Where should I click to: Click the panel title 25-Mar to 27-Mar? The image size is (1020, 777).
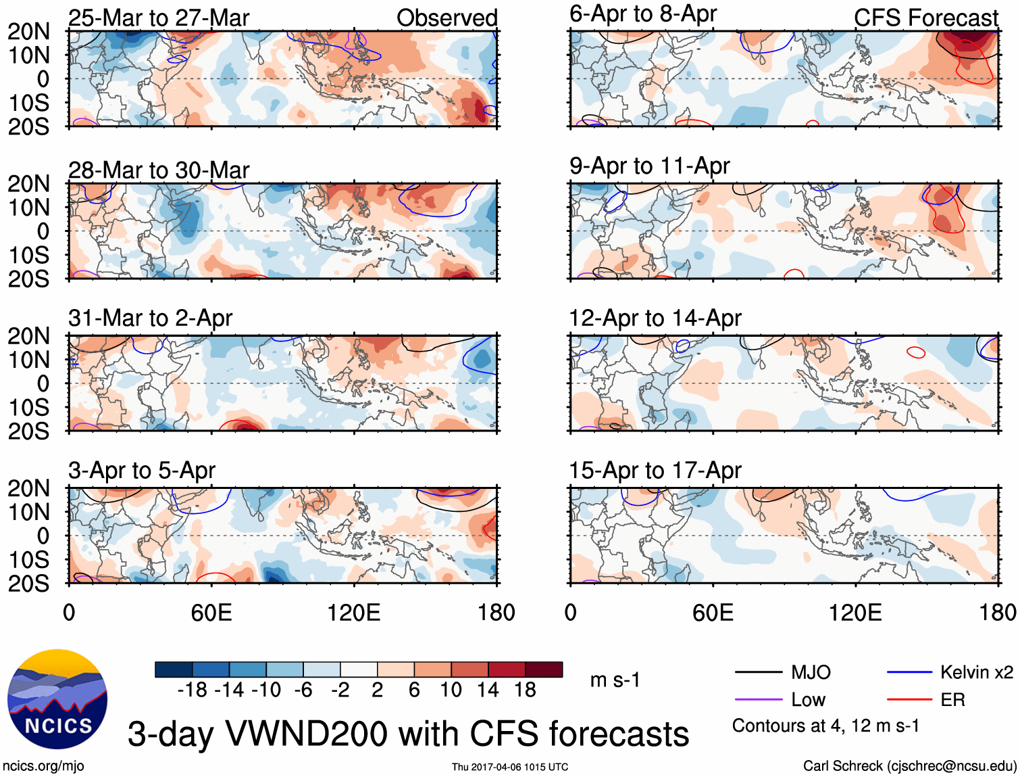coord(159,18)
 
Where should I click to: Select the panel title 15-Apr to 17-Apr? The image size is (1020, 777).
coord(655,470)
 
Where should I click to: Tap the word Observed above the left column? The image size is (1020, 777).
coord(447,18)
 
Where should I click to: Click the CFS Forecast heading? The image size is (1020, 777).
coord(925,18)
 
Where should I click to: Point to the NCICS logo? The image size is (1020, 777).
coord(57,699)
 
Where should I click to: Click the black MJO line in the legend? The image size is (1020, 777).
coord(758,672)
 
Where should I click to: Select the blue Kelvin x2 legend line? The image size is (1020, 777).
coord(909,672)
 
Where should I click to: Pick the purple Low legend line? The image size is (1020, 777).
coord(758,699)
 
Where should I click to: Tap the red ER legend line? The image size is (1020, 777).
coord(909,699)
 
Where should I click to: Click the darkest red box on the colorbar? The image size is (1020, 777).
coord(544,669)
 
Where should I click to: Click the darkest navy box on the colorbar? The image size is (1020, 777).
coord(174,669)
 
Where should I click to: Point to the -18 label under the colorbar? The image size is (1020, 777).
coord(192,690)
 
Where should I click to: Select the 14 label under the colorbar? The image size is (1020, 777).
coord(488,690)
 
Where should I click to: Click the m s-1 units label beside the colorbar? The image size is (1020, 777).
coord(615,680)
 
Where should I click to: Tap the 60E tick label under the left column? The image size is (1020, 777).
coord(211,613)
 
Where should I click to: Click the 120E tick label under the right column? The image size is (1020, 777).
coord(855,613)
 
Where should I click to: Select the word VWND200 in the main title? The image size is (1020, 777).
coord(342,734)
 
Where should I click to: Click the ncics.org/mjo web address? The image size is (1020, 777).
coord(43,766)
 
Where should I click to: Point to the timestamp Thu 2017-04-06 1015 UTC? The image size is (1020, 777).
coord(510,767)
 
